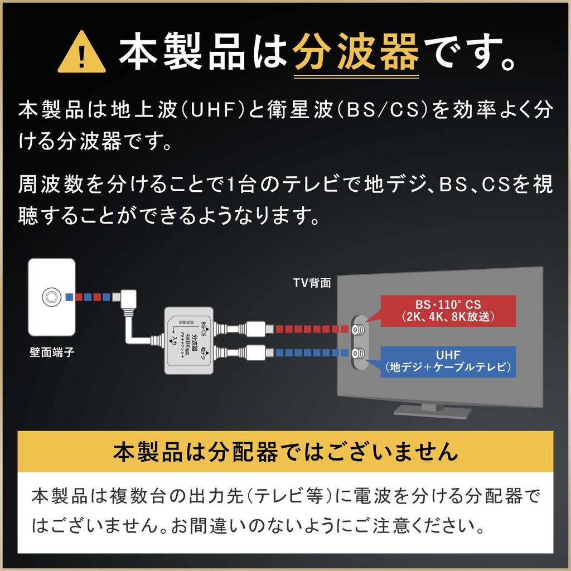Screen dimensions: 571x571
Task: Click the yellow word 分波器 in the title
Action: click(x=356, y=52)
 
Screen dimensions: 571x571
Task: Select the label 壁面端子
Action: click(x=51, y=352)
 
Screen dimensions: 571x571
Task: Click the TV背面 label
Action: click(x=312, y=283)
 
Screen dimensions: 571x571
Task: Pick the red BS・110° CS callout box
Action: click(x=448, y=311)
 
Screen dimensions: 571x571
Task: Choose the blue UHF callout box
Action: click(x=448, y=360)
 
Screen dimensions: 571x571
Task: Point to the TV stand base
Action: click(x=432, y=411)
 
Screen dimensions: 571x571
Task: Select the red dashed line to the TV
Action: click(x=310, y=329)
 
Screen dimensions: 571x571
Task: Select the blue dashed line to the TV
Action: click(x=310, y=352)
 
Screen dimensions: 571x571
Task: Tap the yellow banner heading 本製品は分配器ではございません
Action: click(x=285, y=452)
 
